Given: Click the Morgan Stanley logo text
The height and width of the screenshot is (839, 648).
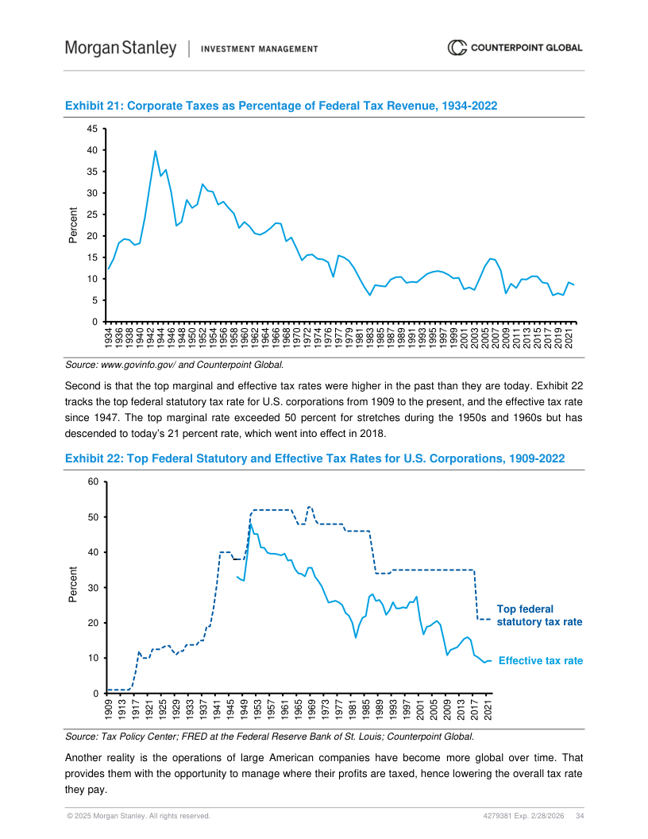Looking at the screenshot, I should (x=121, y=48).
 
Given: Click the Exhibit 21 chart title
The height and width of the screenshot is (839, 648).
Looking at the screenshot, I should (x=280, y=106).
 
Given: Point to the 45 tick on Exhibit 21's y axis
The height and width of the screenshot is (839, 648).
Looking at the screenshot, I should (x=91, y=129).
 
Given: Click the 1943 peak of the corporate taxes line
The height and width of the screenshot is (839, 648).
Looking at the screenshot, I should (x=155, y=151).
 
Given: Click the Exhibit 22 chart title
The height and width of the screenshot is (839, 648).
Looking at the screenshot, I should (x=314, y=458).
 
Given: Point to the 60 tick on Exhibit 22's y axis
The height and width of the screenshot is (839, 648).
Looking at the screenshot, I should (x=93, y=482).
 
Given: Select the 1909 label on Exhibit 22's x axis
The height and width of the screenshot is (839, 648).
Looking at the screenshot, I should (x=108, y=708).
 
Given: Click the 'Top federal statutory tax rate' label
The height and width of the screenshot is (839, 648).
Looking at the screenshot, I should (x=539, y=616).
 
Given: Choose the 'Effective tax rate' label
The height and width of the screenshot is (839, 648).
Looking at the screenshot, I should (x=540, y=661).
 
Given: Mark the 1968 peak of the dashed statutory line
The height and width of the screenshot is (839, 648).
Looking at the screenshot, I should (x=310, y=507).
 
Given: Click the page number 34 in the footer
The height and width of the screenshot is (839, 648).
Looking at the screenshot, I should (x=580, y=816).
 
